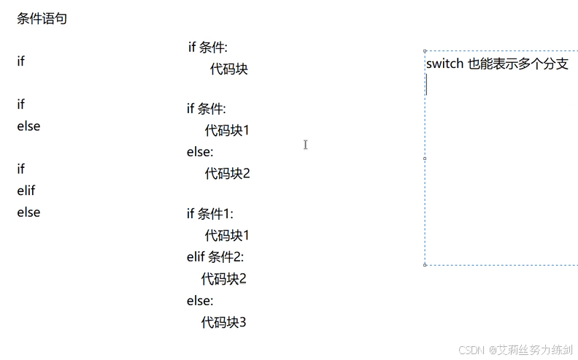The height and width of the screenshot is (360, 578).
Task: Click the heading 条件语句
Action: click(42, 19)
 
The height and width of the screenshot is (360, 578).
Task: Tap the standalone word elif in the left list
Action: click(26, 191)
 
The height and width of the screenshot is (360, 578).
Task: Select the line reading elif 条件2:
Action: click(215, 257)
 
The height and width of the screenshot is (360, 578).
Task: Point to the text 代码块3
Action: click(224, 322)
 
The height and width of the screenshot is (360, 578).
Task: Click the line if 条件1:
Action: click(209, 214)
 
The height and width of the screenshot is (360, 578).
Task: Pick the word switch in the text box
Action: click(444, 64)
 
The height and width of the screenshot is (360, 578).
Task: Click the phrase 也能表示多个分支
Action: click(518, 64)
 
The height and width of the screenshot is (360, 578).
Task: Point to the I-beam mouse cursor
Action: click(305, 145)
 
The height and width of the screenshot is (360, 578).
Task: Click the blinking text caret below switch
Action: click(427, 86)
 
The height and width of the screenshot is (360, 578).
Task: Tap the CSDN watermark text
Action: click(471, 350)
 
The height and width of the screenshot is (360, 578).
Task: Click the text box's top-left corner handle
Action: click(425, 51)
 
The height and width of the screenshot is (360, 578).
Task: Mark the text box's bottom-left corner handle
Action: click(425, 265)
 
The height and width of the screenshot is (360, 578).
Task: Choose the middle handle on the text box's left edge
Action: click(425, 158)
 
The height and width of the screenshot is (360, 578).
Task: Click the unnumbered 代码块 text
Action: click(229, 69)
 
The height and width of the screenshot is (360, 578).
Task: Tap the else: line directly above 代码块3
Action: click(200, 301)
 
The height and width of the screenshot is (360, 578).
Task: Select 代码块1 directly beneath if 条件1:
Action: click(227, 235)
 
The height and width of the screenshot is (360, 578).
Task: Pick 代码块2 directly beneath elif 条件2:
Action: click(224, 279)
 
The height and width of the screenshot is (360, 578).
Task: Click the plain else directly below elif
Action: click(28, 212)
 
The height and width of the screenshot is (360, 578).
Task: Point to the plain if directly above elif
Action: click(21, 169)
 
